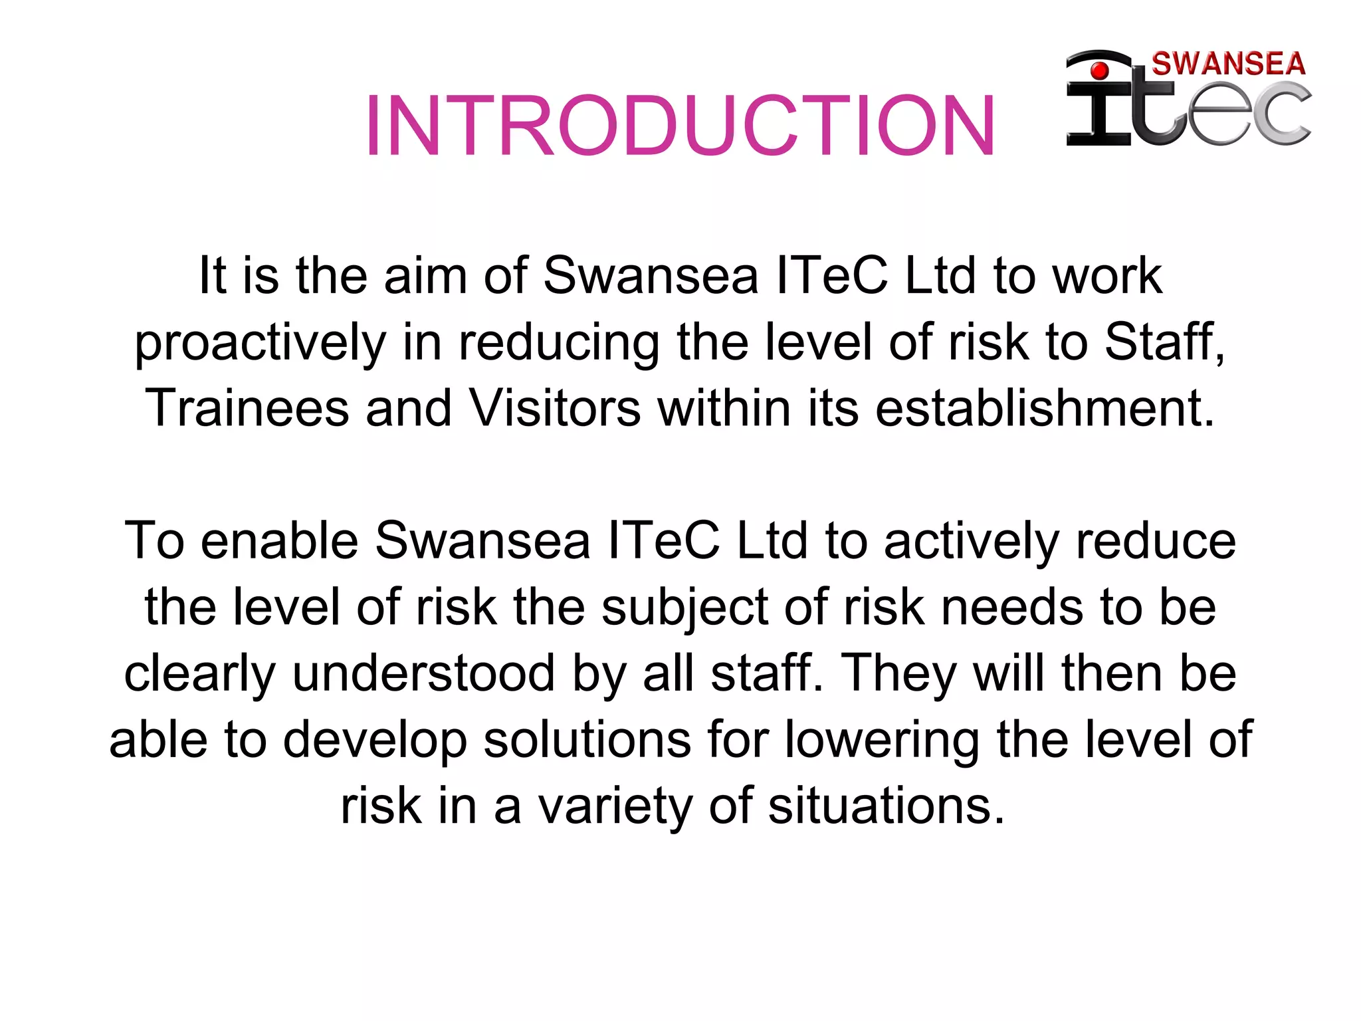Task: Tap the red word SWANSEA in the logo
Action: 1228,64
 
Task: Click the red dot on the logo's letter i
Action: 1100,70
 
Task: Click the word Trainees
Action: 247,408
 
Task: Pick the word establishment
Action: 1045,408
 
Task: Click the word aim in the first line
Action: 425,276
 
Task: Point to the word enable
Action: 279,540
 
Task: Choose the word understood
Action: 423,673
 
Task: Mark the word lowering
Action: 882,740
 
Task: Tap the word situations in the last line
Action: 886,806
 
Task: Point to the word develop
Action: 375,740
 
